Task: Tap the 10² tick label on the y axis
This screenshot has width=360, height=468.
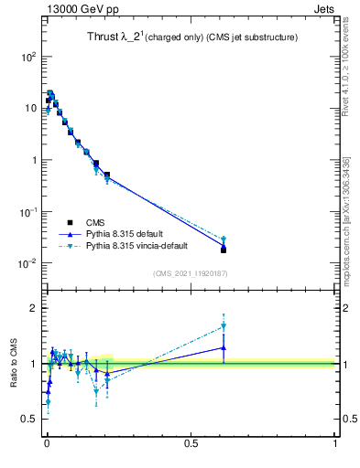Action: pyautogui.click(x=30, y=56)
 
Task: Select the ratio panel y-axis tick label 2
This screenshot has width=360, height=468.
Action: pyautogui.click(x=35, y=308)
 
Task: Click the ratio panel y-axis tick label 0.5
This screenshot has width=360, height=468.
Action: pyautogui.click(x=30, y=419)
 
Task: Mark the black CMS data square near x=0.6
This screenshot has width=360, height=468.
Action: pyautogui.click(x=224, y=250)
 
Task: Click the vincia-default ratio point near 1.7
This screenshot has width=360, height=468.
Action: pyautogui.click(x=224, y=326)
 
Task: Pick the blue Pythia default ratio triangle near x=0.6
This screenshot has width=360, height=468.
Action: pyautogui.click(x=224, y=347)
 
